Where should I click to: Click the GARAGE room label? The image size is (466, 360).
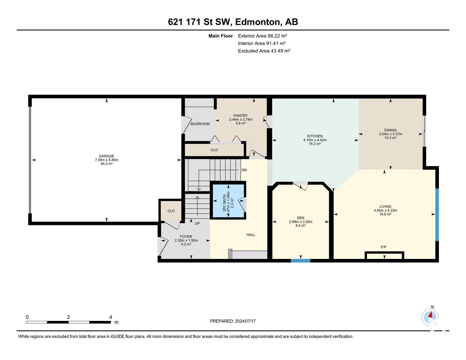click(106, 156)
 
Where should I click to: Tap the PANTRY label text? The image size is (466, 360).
click(241, 115)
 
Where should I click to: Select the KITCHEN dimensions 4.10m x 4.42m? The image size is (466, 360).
click(315, 140)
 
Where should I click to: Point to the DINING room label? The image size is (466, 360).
click(391, 130)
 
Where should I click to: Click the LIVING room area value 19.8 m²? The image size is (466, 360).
click(385, 214)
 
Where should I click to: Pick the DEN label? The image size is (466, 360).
click(301, 218)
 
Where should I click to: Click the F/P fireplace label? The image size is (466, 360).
click(383, 247)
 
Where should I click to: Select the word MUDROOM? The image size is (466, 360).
click(200, 124)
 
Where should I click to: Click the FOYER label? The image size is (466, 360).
click(186, 237)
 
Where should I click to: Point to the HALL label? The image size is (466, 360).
click(251, 235)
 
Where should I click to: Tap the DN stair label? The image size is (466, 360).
click(244, 170)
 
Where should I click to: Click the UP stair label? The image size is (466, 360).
click(197, 223)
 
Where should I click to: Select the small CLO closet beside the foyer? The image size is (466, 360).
click(171, 211)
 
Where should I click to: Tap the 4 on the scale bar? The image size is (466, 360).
click(111, 317)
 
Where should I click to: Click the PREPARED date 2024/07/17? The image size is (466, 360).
click(245, 321)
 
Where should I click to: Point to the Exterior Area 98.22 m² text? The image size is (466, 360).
click(262, 36)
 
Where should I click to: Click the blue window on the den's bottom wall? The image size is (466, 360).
click(300, 261)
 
